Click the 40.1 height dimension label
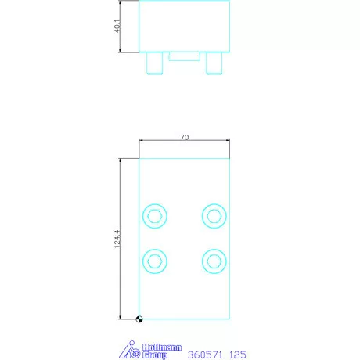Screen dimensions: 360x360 tap(114, 27)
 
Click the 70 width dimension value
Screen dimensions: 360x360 tap(185, 137)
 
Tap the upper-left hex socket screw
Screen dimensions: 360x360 tap(155, 215)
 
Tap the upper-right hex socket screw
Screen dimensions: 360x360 tap(214, 215)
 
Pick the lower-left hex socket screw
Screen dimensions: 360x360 tap(155, 260)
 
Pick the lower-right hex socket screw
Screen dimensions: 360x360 tap(214, 260)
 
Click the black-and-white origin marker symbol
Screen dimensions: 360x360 tap(139, 318)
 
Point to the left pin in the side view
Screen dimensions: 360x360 tap(155, 63)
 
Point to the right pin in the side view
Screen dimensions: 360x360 tap(214, 63)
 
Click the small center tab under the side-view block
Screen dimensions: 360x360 tap(185, 56)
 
